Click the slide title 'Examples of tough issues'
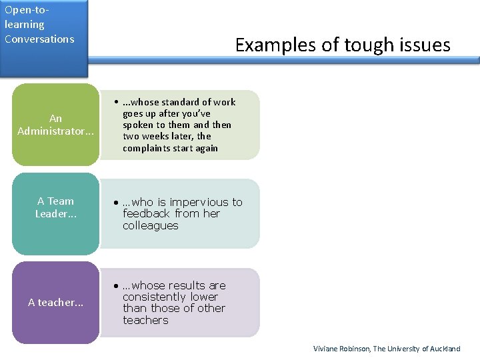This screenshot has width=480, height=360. [343, 45]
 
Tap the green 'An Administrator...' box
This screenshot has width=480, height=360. [55, 125]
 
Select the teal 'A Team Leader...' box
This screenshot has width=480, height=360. [55, 207]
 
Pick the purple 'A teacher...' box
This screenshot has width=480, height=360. [55, 303]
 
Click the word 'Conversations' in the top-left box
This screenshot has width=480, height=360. [39, 39]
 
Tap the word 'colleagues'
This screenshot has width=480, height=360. [151, 225]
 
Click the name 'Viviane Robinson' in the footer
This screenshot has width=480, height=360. [341, 349]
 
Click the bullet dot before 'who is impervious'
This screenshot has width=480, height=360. [116, 202]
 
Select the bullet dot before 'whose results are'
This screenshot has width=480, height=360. [116, 285]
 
